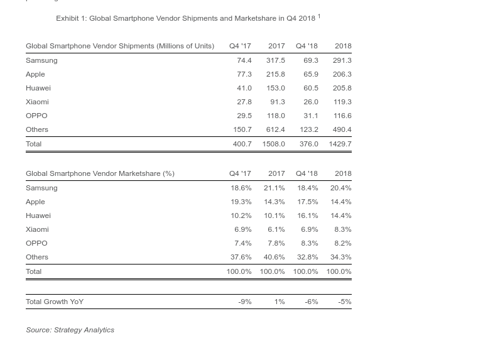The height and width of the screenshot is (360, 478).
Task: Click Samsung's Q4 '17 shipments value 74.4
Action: (x=244, y=60)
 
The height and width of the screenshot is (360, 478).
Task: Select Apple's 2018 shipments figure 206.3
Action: (x=342, y=74)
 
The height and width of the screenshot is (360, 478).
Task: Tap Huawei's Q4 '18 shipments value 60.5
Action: (x=310, y=88)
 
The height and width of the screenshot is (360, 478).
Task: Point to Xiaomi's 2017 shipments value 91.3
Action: (x=277, y=102)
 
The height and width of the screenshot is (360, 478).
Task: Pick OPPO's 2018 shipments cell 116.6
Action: (x=342, y=116)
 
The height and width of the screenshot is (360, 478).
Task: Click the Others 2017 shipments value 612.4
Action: (x=275, y=129)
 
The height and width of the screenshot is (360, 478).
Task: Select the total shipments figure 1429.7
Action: (x=340, y=144)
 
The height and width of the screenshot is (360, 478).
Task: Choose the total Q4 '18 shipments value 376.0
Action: (x=308, y=144)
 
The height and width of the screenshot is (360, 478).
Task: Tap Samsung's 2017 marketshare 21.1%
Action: (x=274, y=188)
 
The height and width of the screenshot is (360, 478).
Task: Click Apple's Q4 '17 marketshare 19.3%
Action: (x=241, y=202)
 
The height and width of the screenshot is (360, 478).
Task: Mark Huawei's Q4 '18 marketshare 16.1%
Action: (x=307, y=215)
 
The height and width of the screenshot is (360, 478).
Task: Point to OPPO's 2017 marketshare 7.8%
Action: (x=276, y=243)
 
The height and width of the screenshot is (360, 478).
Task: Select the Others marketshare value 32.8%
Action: (x=307, y=257)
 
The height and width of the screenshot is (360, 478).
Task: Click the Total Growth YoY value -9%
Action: (x=244, y=302)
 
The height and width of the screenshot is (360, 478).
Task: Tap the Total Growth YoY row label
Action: (x=55, y=302)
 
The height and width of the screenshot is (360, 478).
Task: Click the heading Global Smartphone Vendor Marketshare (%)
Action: (x=100, y=173)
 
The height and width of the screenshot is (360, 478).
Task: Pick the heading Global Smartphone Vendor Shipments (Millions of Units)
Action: (x=120, y=46)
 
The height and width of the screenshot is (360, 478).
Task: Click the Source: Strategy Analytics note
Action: (x=70, y=330)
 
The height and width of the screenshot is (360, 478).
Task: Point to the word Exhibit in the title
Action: (x=67, y=18)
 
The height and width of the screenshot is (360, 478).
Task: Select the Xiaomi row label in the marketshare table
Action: (x=37, y=229)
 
